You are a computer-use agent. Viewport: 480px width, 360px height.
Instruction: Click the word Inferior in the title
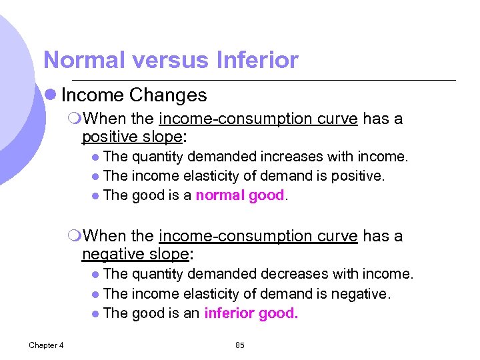[257, 61]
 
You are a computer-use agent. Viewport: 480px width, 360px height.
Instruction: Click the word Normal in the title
[85, 61]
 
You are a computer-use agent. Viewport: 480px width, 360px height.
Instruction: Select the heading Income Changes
[134, 95]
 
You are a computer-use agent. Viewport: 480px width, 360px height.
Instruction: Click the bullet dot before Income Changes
[51, 95]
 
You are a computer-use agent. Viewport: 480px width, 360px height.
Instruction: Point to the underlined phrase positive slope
[132, 137]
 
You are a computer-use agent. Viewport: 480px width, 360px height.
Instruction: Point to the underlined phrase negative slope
[136, 254]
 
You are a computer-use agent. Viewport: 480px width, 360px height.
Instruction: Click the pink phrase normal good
[240, 195]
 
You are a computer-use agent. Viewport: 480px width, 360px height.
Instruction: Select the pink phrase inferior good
[251, 313]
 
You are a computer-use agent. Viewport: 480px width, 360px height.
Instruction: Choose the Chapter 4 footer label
[46, 345]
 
